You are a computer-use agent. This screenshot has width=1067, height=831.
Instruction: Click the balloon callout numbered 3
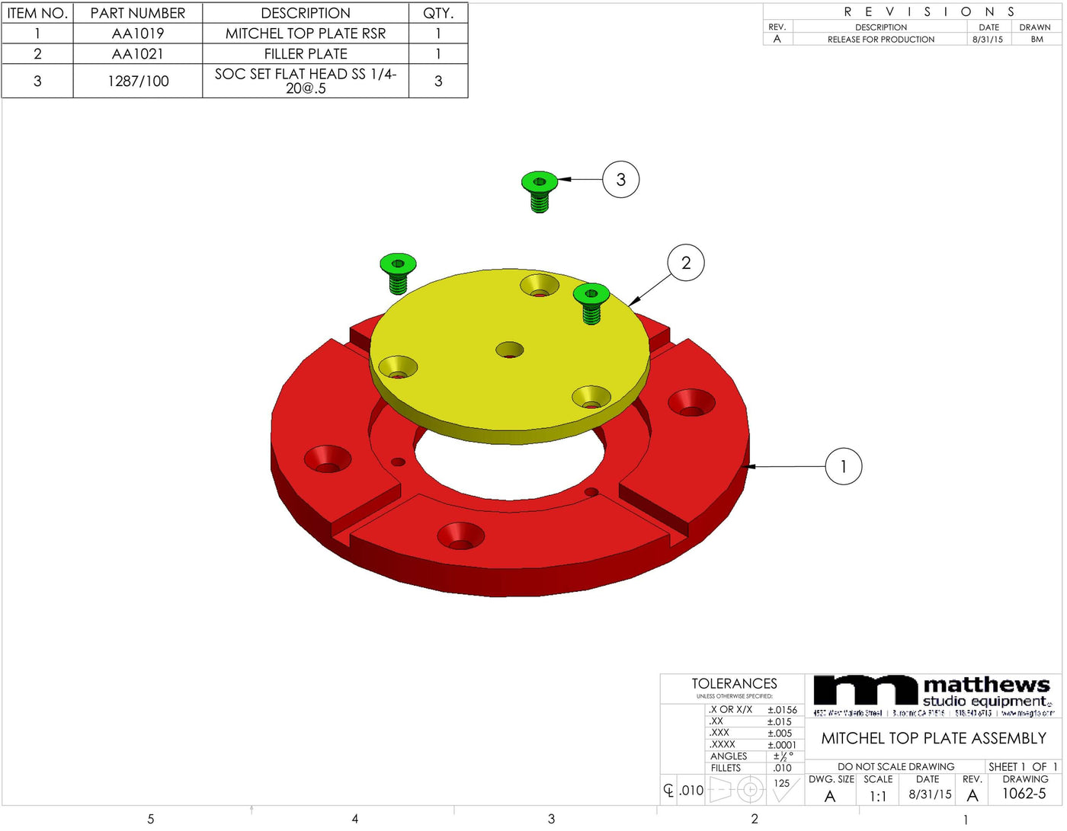[620, 180]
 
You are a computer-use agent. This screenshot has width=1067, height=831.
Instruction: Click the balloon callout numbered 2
[685, 263]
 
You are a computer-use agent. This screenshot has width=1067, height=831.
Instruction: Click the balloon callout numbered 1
[843, 466]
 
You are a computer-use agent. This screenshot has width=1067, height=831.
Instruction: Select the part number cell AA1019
[138, 34]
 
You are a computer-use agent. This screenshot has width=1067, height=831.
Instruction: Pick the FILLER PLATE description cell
[306, 54]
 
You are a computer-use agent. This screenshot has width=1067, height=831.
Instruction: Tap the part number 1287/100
[138, 81]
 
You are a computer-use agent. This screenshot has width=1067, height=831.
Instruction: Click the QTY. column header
[438, 13]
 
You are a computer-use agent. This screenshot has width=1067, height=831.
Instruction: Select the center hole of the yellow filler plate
[509, 350]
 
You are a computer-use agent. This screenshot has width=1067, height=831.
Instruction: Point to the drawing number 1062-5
[1024, 794]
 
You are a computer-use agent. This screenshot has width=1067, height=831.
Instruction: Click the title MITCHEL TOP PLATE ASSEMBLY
[933, 738]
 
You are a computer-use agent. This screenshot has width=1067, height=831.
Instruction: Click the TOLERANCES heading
[734, 683]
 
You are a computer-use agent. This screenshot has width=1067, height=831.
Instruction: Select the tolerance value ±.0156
[782, 709]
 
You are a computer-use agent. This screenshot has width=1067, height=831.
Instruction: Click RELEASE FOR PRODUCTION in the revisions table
[880, 40]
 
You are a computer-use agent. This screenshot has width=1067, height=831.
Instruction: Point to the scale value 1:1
[877, 796]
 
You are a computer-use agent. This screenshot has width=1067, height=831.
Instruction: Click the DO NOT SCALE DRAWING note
[896, 766]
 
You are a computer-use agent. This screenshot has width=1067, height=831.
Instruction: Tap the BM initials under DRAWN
[1037, 40]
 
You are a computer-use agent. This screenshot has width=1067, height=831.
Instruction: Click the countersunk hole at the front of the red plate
[460, 535]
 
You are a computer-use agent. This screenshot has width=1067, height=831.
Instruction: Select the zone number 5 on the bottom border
[151, 819]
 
